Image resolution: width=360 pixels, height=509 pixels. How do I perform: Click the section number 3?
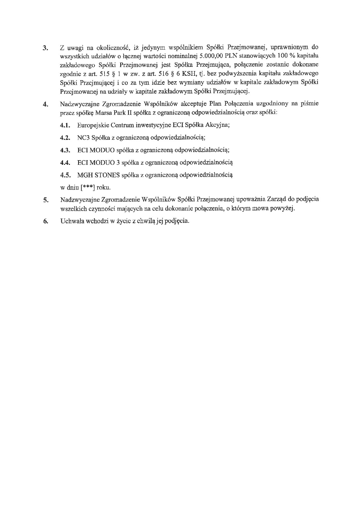(x=45, y=48)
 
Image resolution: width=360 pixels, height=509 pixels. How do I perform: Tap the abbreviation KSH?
(x=190, y=74)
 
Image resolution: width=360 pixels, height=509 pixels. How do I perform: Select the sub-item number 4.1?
(x=66, y=125)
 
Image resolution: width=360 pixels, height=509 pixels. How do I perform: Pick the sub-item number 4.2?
(x=66, y=138)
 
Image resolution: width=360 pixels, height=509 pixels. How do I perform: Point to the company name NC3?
(x=83, y=138)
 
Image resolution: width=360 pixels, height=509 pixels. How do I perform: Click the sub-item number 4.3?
(x=66, y=150)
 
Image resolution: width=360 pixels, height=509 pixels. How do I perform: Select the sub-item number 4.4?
(x=66, y=163)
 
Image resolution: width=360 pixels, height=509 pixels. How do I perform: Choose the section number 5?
(x=45, y=200)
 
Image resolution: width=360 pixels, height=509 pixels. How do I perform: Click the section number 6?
(x=45, y=221)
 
